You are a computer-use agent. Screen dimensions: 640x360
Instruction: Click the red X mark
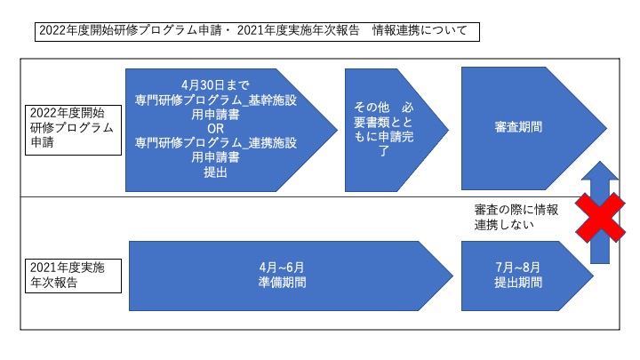tap(600, 219)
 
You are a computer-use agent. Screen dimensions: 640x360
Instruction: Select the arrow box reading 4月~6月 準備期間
tap(291, 276)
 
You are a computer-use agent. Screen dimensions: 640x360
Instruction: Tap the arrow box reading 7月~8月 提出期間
tap(527, 276)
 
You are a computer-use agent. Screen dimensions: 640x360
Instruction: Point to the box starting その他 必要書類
tap(396, 130)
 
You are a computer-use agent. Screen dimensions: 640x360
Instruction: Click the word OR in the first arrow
tap(215, 129)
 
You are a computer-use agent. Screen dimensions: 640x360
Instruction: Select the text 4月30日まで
tap(215, 85)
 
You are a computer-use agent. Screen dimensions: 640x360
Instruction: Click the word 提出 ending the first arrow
tap(215, 172)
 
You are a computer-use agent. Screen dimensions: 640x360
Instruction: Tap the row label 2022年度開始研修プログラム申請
tap(74, 130)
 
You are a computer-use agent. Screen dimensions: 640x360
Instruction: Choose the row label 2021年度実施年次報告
tap(74, 276)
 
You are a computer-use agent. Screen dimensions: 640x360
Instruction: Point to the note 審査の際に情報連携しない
tap(516, 217)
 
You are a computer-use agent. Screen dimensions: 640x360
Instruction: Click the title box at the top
tap(257, 32)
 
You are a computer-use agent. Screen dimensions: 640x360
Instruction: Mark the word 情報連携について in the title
tap(420, 30)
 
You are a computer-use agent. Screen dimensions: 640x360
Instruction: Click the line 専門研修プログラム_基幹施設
tap(215, 100)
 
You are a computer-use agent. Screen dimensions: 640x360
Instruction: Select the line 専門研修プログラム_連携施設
tap(215, 143)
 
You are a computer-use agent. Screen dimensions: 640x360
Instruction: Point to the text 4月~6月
tap(282, 268)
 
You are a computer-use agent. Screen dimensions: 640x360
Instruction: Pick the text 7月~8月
tap(518, 268)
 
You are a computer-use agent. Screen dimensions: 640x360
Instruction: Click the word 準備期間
tap(282, 283)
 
